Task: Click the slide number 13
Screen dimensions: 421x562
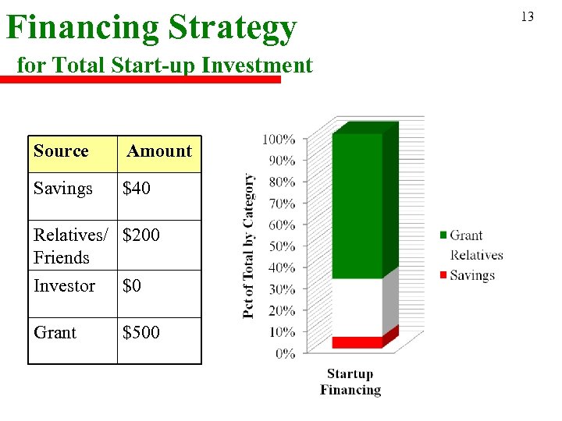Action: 528,16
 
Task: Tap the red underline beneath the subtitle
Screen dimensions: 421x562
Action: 140,79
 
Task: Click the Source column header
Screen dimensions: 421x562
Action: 61,151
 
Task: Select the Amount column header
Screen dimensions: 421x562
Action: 159,151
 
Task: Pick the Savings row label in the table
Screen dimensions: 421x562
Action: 63,189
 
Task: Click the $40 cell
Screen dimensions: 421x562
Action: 137,189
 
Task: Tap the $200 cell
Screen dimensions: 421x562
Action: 141,234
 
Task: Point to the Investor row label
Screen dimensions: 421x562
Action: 64,286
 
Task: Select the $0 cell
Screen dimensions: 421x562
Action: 132,286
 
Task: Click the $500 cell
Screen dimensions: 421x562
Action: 141,333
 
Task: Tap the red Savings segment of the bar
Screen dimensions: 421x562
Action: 357,342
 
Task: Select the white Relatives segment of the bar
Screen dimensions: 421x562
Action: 357,307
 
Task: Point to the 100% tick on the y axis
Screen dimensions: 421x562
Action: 279,140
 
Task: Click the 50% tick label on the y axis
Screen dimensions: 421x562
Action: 282,246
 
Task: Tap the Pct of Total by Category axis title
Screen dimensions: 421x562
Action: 249,246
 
